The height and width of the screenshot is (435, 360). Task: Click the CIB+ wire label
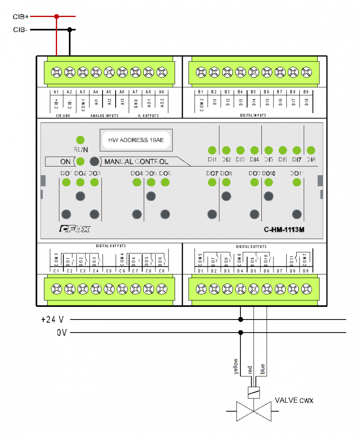21,17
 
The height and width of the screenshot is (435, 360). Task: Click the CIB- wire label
21,30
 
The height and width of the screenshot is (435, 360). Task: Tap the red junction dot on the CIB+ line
56,17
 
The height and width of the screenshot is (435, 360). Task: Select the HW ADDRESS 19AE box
136,140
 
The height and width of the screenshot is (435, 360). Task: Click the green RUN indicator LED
80,140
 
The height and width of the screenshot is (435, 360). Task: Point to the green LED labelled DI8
311,150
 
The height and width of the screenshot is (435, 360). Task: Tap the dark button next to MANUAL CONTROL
94,161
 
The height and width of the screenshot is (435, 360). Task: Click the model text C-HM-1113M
284,230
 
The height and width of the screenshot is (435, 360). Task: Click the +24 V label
53,319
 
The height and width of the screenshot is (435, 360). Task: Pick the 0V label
62,333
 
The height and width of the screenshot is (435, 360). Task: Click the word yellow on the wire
236,366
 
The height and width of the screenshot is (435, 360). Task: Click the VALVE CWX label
294,400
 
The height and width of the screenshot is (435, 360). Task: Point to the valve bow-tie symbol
254,411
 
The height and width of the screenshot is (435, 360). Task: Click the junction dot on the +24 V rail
240,319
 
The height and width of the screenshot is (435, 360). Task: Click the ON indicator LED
80,161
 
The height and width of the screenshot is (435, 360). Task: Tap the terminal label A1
56,92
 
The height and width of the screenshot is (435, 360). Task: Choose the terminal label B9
306,92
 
